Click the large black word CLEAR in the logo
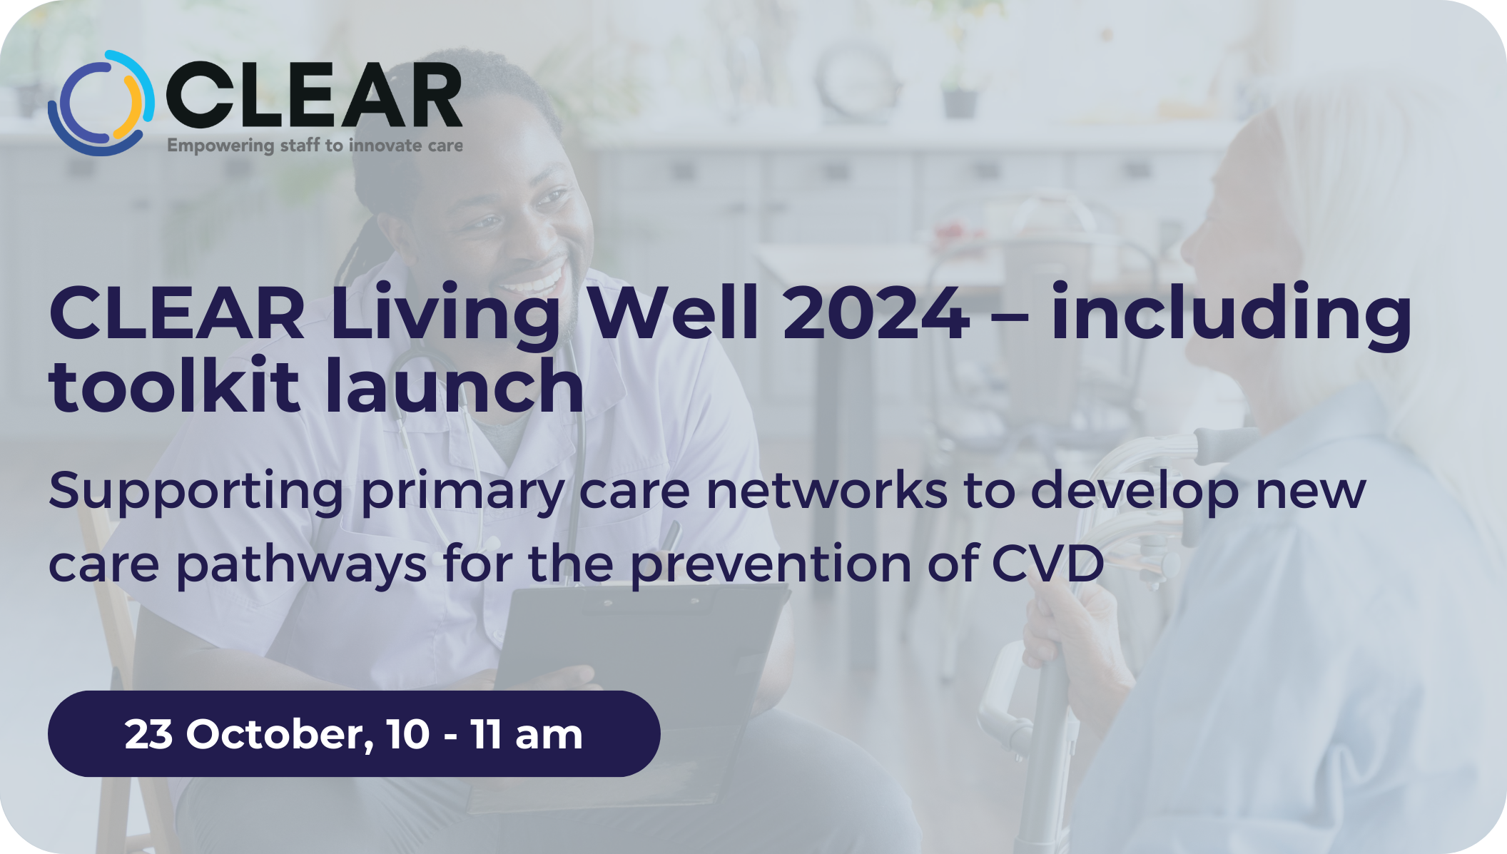click(314, 96)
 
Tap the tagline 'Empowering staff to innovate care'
click(315, 146)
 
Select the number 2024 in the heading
click(876, 312)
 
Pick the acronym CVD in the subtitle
click(1047, 564)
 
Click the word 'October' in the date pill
click(280, 734)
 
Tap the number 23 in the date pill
click(148, 734)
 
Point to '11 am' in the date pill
click(527, 734)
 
